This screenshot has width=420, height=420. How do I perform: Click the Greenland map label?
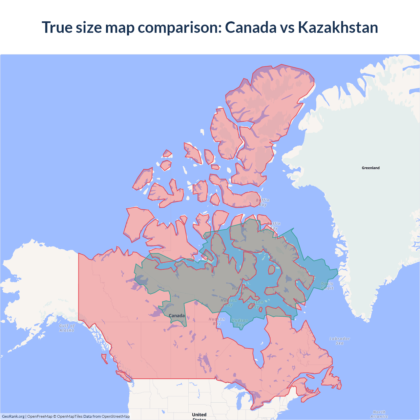pos(370,168)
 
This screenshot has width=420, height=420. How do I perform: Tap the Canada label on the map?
pos(177,316)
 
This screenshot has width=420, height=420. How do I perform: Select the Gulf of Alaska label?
pos(67,328)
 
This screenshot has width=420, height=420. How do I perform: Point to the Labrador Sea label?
pos(340,341)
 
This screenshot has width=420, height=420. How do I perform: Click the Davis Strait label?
pos(327,286)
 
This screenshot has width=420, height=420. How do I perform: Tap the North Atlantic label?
pos(379,414)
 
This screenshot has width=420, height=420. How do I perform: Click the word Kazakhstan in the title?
pos(338,27)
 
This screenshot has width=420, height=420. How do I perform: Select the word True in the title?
pos(57,27)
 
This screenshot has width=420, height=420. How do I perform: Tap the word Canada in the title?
pos(251,27)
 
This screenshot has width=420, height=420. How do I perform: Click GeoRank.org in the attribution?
pos(13,416)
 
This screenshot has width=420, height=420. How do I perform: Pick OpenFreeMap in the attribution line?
pos(40,416)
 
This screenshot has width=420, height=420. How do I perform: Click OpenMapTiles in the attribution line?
pos(70,416)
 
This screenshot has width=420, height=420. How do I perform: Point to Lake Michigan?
pos(239,402)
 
